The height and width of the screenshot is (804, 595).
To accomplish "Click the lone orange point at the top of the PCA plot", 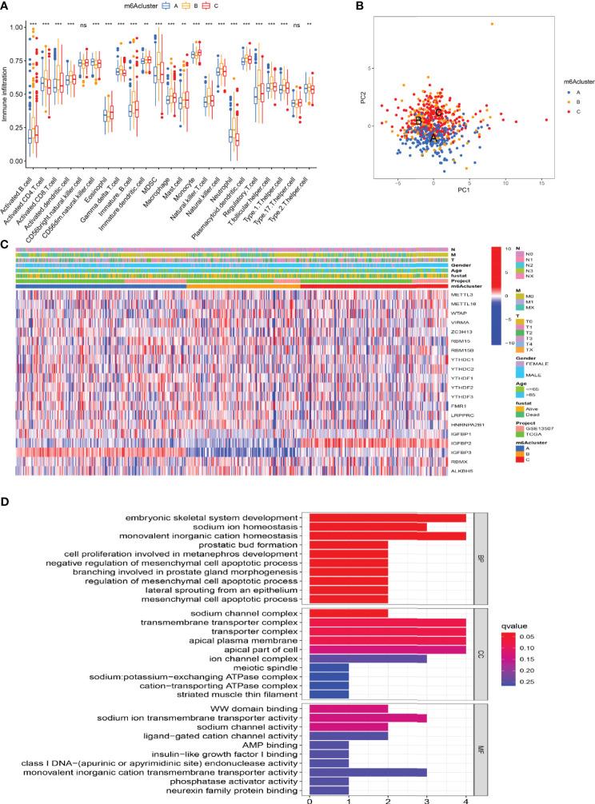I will (492, 25).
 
